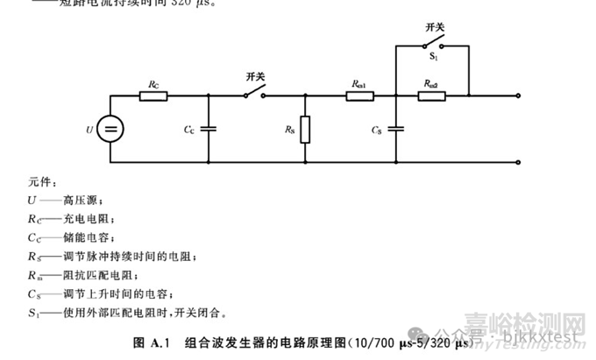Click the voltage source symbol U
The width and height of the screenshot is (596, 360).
coord(110,130)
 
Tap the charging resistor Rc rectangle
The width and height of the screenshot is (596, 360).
coord(154,95)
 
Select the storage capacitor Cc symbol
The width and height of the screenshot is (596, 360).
coord(208,129)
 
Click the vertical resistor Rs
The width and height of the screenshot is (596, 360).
coord(304,130)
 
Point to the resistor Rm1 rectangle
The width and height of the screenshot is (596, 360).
coord(359,95)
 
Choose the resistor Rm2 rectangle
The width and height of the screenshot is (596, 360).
coord(432,95)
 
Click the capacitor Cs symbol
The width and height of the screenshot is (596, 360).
coord(396,129)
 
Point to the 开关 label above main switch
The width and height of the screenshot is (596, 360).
coord(256,77)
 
